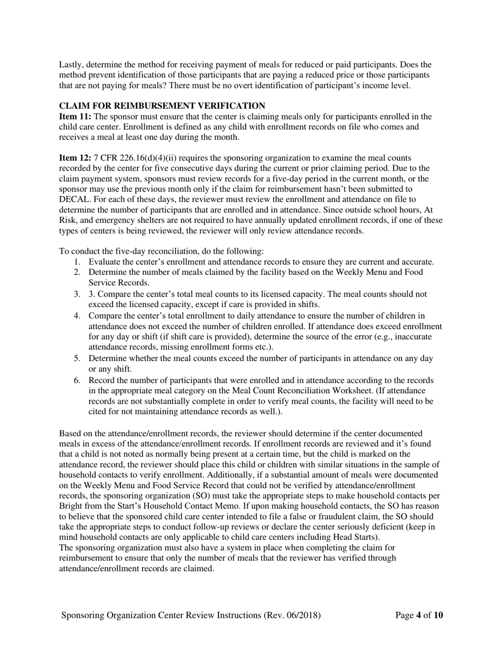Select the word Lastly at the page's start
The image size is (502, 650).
point(72,65)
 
